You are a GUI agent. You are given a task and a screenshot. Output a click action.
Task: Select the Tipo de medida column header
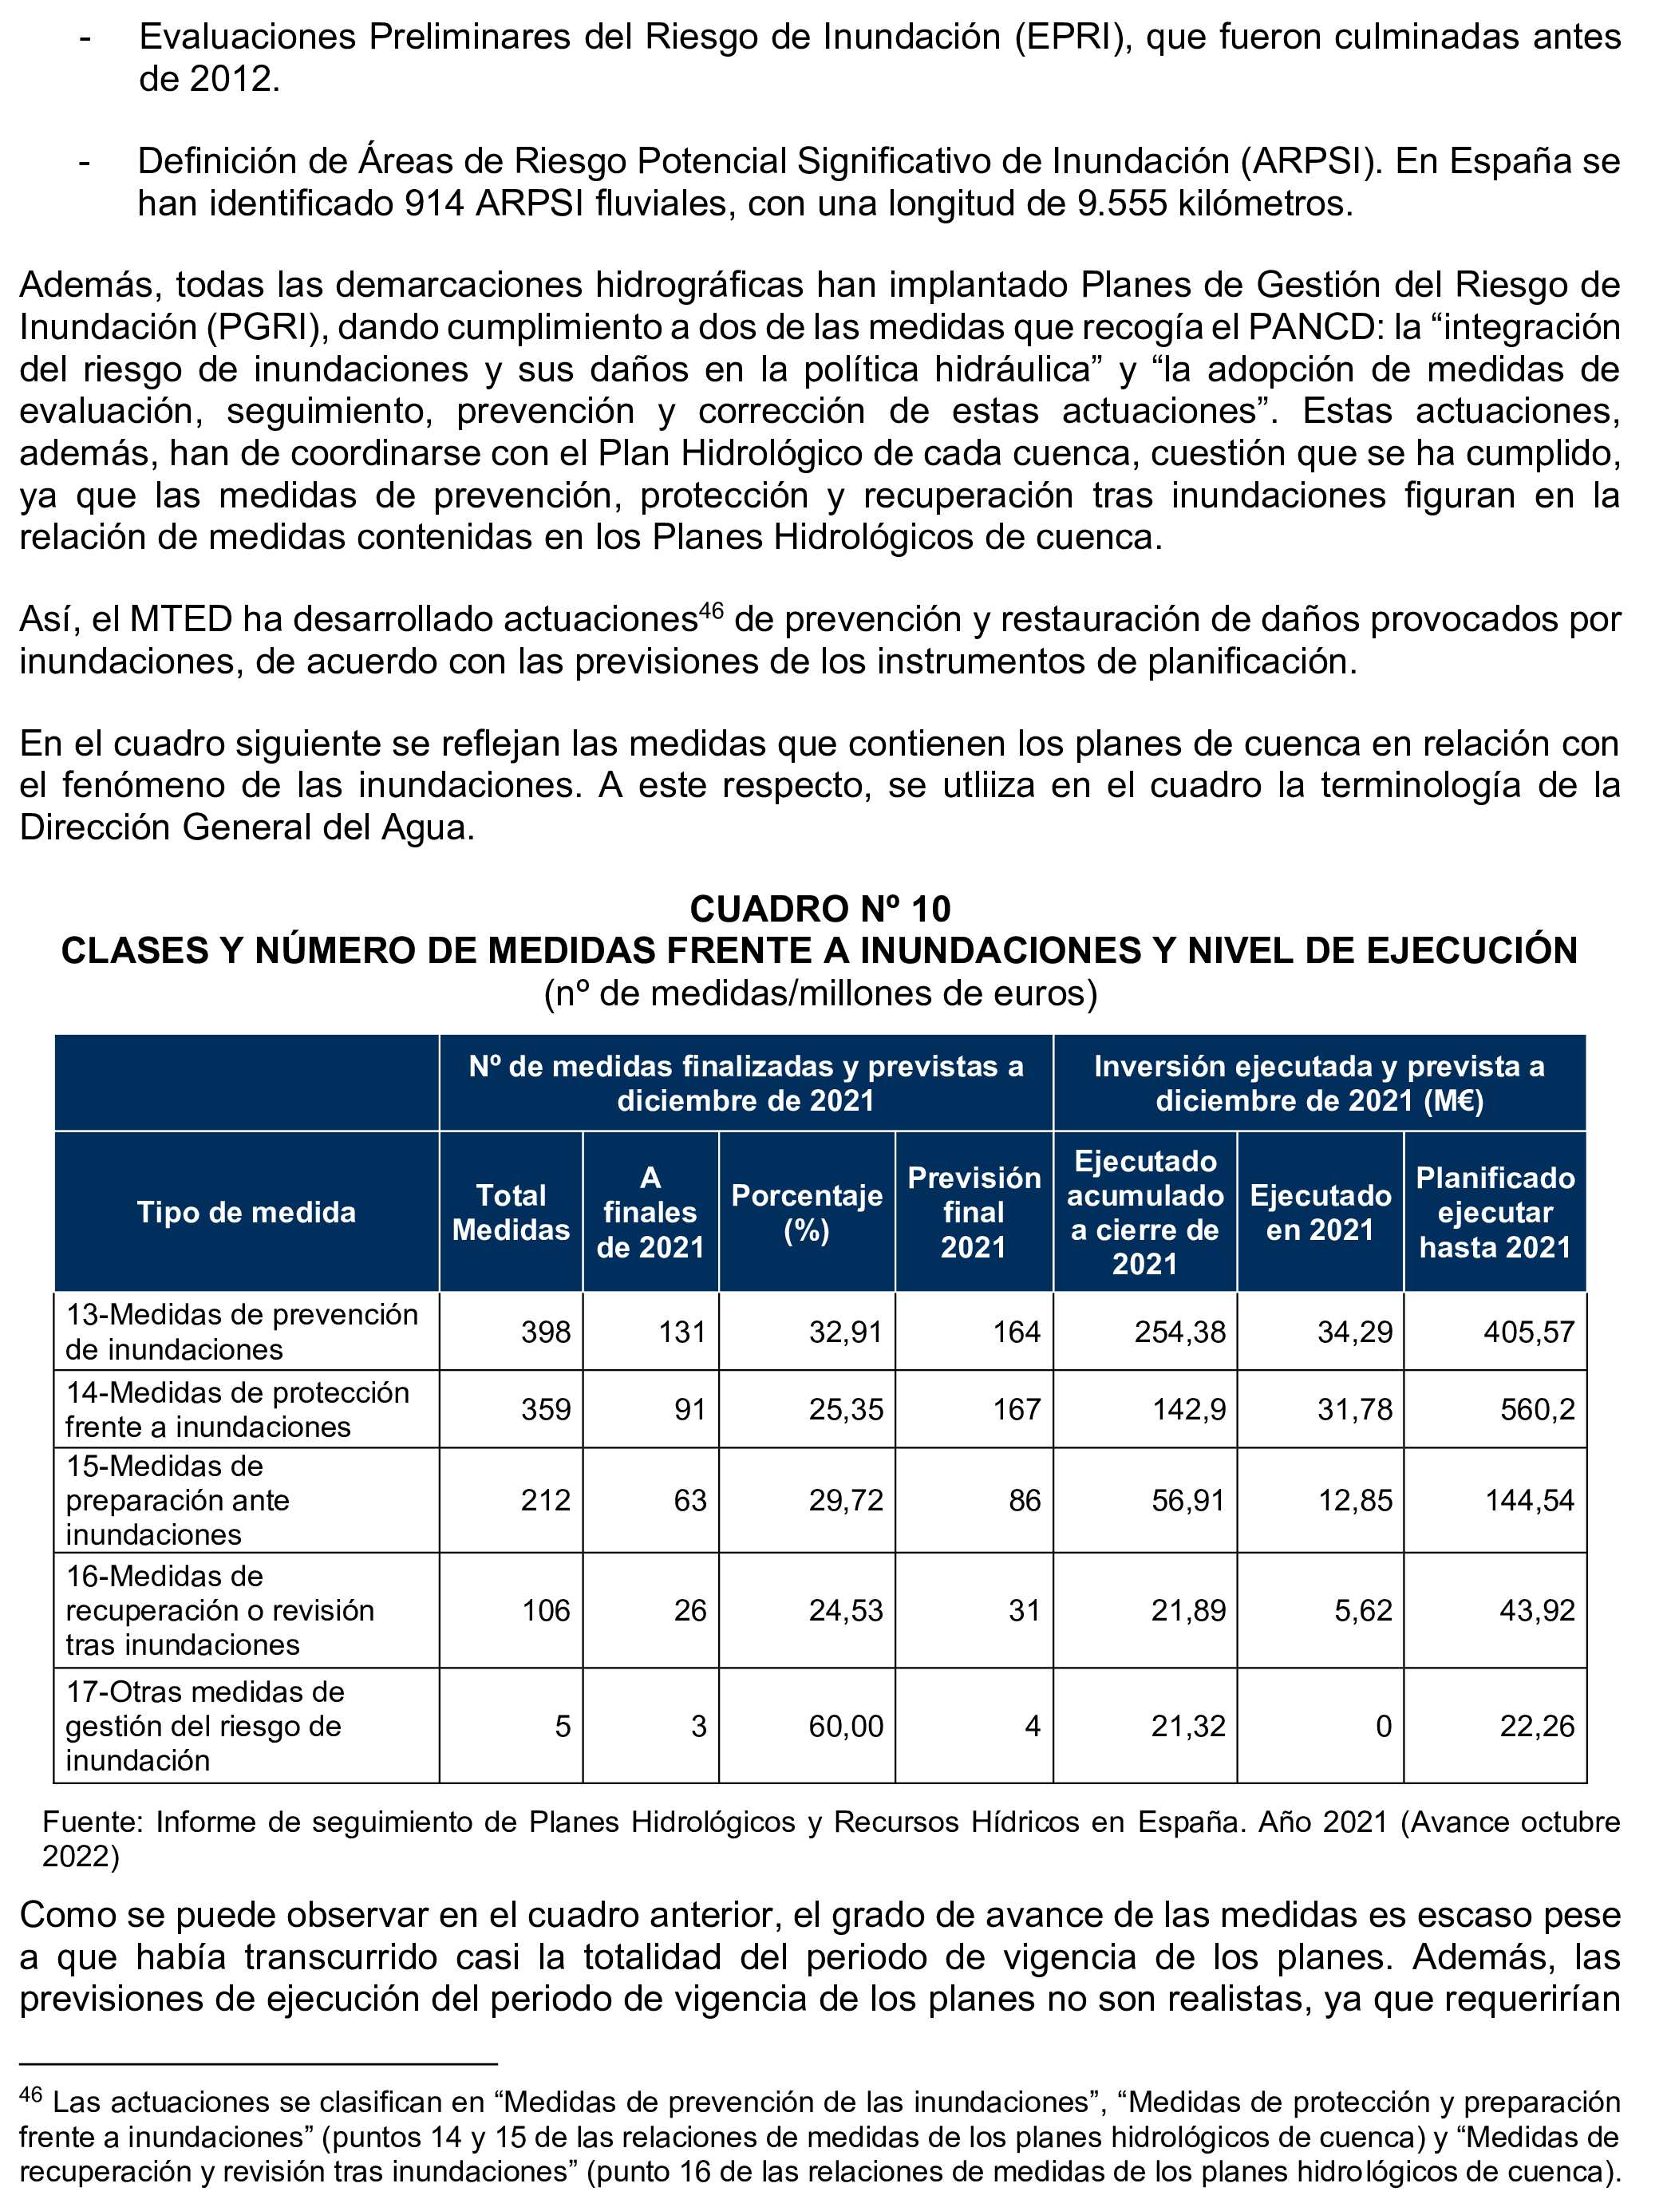click(247, 1212)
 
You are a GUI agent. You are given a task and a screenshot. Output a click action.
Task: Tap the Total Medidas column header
click(511, 1212)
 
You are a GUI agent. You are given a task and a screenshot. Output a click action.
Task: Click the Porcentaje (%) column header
click(806, 1212)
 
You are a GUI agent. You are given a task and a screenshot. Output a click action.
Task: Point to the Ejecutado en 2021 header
click(1320, 1212)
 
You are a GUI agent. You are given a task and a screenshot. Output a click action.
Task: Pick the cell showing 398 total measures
click(546, 1332)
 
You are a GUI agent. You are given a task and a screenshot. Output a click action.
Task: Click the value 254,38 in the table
click(1180, 1332)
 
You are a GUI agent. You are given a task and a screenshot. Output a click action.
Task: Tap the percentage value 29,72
click(846, 1501)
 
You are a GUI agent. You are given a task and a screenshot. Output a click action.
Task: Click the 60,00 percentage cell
click(846, 1726)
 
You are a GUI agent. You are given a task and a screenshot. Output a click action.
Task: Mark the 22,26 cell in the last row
click(1536, 1726)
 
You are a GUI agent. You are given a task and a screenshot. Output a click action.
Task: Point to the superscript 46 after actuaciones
click(710, 609)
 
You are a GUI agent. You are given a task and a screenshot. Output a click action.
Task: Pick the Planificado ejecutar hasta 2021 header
click(1495, 1212)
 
